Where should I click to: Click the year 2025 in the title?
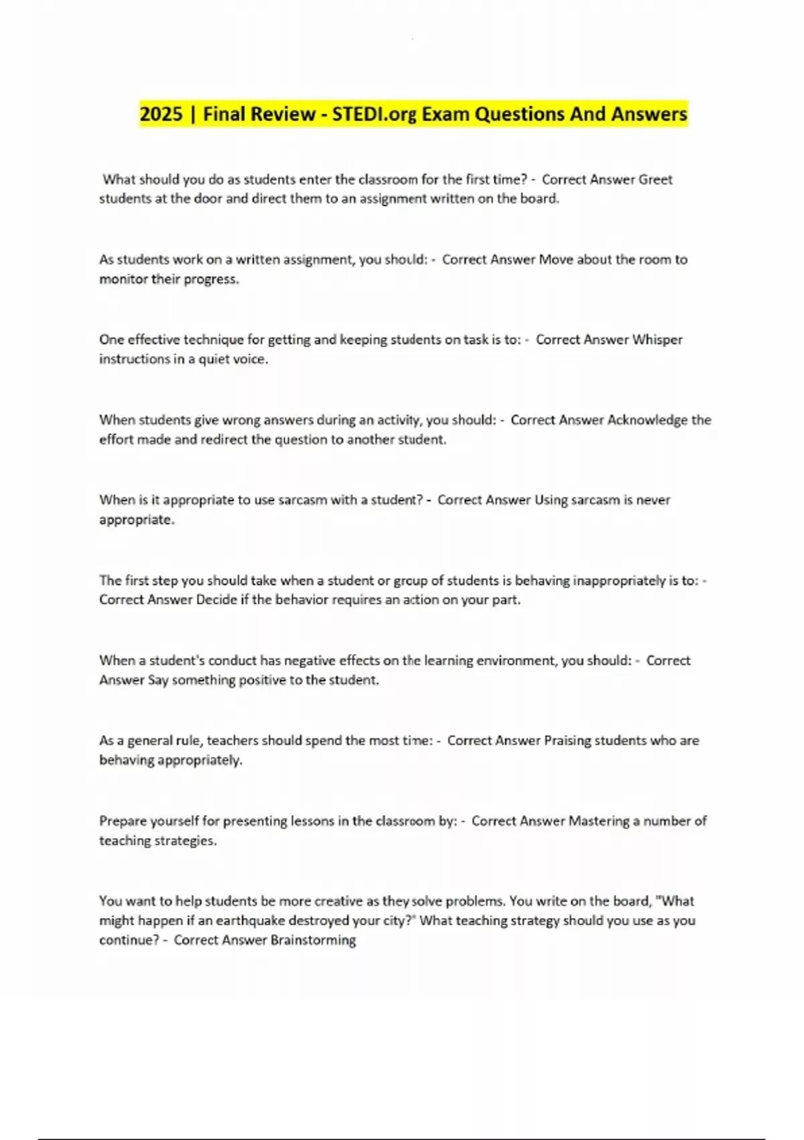[161, 114]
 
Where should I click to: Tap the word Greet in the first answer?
[655, 179]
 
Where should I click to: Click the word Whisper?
[657, 339]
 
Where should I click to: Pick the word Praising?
[567, 740]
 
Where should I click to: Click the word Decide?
[216, 600]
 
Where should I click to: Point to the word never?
[653, 500]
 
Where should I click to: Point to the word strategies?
[187, 840]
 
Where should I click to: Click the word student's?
[177, 661]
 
